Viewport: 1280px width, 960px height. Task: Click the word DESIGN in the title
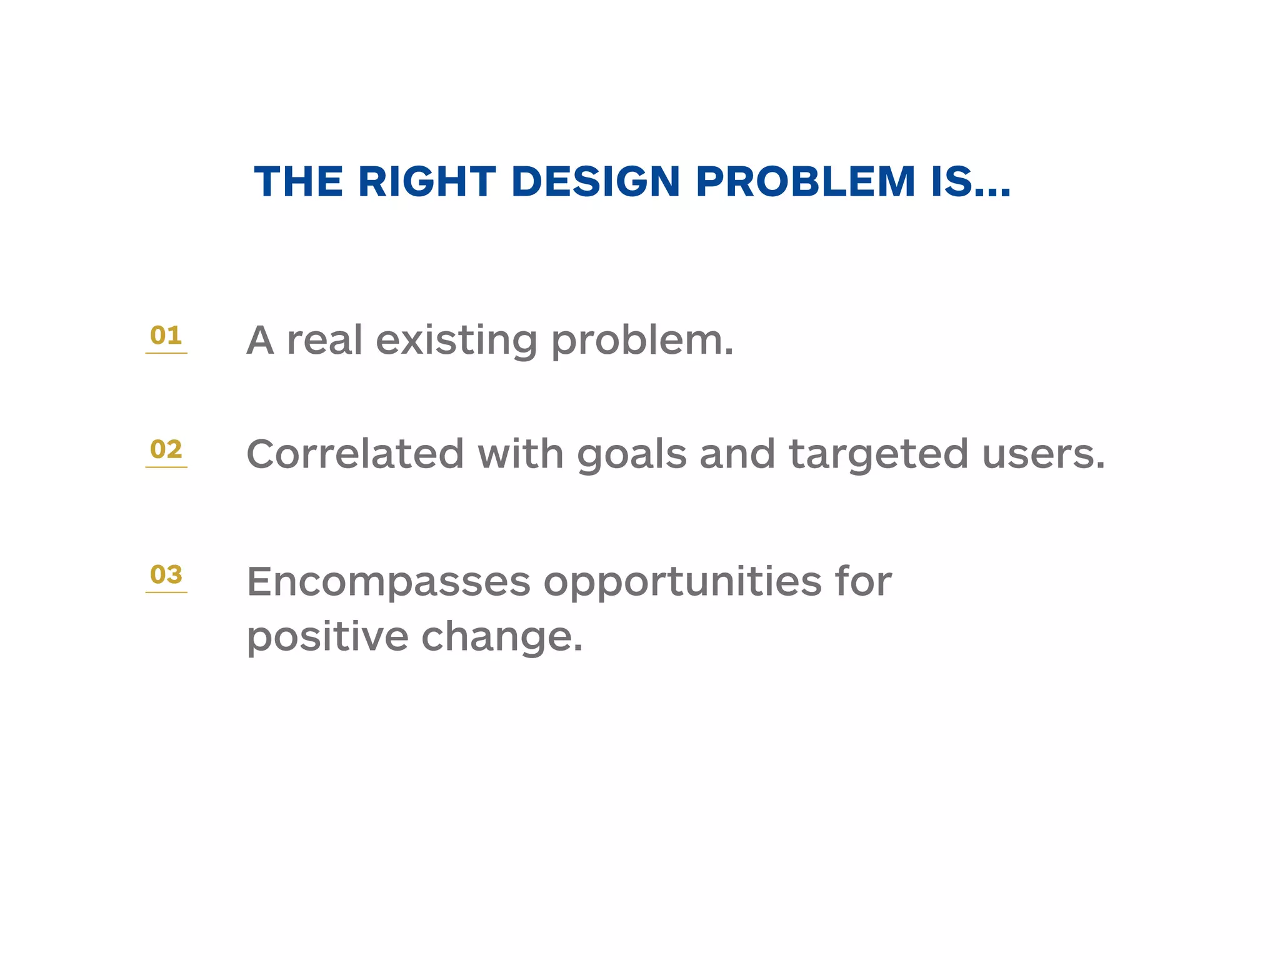pos(595,182)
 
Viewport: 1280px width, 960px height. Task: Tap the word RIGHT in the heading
pos(426,182)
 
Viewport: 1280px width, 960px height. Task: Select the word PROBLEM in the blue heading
pos(805,182)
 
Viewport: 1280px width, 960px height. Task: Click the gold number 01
pos(166,336)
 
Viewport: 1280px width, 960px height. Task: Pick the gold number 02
pos(166,449)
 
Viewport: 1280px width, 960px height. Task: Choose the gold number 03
pos(166,574)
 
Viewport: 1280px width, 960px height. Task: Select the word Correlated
pos(355,454)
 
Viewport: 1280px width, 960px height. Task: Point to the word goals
pos(631,455)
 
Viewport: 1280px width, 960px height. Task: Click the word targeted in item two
pos(878,455)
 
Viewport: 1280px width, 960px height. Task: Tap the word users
pos(1042,455)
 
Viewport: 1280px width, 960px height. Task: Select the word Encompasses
pos(388,582)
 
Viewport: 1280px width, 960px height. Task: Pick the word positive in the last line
pos(327,637)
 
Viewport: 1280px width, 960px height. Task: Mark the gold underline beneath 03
pos(166,592)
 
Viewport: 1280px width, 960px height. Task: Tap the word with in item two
pos(521,454)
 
